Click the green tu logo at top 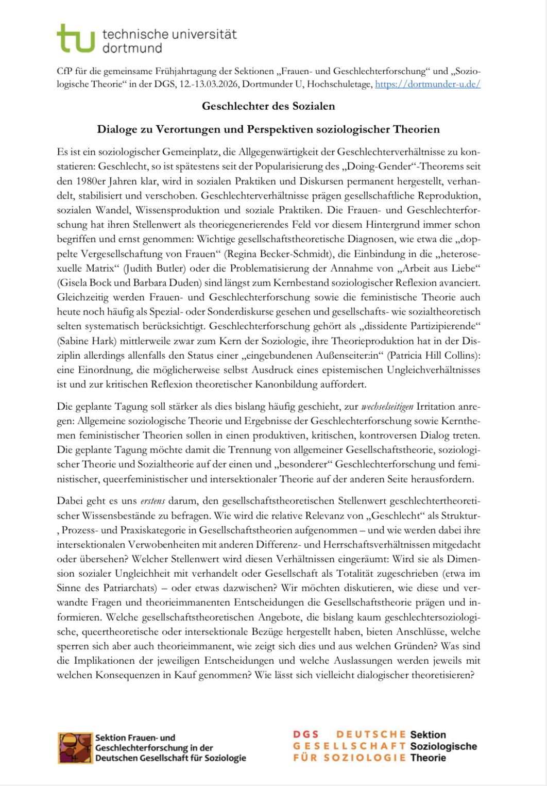click(x=76, y=38)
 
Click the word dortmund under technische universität click(x=132, y=48)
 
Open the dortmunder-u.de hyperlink click(x=428, y=84)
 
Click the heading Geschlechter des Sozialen click(x=268, y=107)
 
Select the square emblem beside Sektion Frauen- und click(x=75, y=747)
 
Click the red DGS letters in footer click(x=306, y=734)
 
